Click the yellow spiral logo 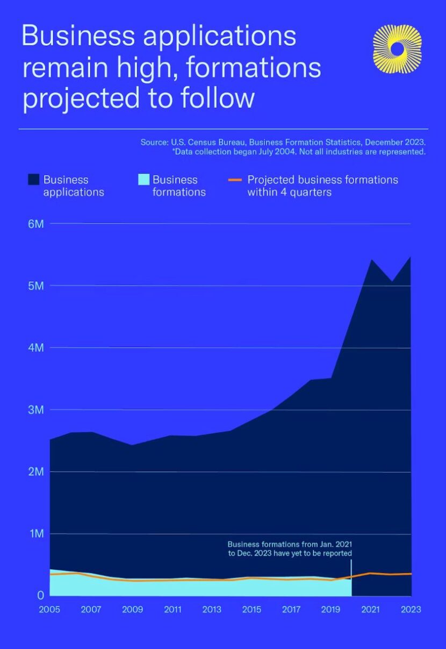point(397,49)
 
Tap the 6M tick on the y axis point(35,224)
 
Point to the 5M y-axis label point(35,286)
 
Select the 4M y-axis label point(35,348)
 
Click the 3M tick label point(35,410)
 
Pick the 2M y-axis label point(35,472)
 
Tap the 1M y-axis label point(35,534)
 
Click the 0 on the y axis point(40,595)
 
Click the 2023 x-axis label point(411,610)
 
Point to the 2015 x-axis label point(251,610)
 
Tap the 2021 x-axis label point(371,610)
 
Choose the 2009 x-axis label point(132,610)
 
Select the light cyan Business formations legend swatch point(143,180)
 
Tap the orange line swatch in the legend point(235,180)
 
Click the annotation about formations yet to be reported point(290,548)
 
